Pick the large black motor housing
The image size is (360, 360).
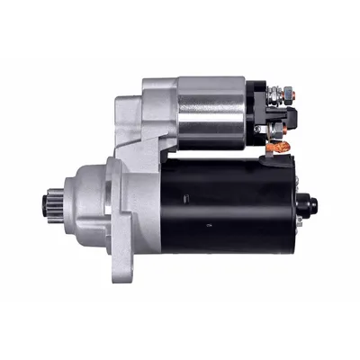tap(229, 202)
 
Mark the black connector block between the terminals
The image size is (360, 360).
tap(287, 115)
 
